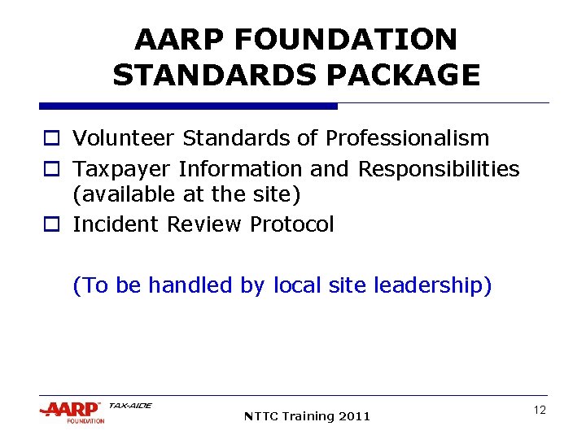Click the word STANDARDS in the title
(215, 75)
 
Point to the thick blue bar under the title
(188, 106)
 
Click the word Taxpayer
(122, 169)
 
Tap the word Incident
(116, 224)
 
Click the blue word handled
(179, 286)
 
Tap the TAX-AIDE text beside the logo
(129, 405)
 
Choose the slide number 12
(540, 411)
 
